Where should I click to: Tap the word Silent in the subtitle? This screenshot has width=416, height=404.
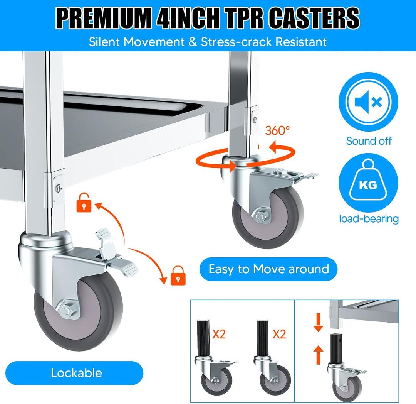tap(104, 42)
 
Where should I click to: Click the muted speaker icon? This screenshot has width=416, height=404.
tap(368, 102)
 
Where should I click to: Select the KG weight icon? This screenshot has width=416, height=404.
tap(368, 183)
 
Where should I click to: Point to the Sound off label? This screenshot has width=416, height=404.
tap(369, 141)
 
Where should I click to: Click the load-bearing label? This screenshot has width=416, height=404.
tap(369, 219)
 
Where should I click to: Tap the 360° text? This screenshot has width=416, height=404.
tap(277, 130)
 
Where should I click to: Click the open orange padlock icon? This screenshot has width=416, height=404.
tap(84, 203)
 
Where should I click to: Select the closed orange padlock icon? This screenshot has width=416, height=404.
tap(178, 276)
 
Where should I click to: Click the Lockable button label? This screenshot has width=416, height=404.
tap(76, 373)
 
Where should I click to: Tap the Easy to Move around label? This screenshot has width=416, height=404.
tap(268, 269)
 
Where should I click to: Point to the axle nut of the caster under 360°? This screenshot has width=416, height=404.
tap(261, 217)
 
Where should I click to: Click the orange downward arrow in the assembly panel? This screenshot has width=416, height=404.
tap(319, 322)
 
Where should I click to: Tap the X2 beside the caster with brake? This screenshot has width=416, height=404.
tap(219, 334)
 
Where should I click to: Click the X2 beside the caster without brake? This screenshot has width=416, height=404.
tap(279, 334)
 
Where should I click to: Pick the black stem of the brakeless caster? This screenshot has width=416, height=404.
tap(263, 338)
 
